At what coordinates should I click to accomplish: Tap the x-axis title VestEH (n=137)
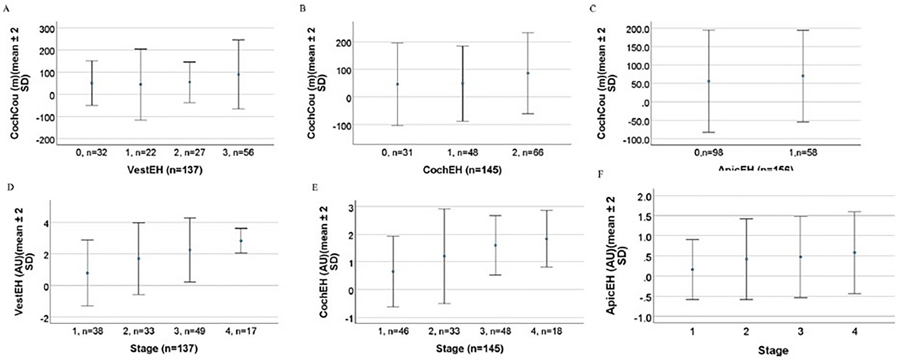(x=165, y=170)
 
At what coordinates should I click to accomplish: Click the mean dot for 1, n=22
(x=141, y=84)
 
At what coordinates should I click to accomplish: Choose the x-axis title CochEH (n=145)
(x=462, y=170)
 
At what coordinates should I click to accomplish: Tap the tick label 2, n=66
(x=528, y=152)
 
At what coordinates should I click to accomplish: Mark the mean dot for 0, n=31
(x=397, y=84)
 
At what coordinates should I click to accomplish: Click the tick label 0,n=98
(x=708, y=152)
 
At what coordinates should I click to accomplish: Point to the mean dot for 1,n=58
(x=803, y=76)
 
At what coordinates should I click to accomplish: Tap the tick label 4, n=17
(x=240, y=331)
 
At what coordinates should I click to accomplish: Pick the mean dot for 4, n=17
(x=241, y=241)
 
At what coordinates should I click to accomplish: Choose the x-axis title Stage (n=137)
(x=164, y=349)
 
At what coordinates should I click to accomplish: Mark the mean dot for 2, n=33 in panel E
(x=445, y=256)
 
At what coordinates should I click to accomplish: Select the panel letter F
(x=600, y=174)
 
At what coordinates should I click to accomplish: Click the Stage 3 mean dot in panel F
(x=800, y=257)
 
